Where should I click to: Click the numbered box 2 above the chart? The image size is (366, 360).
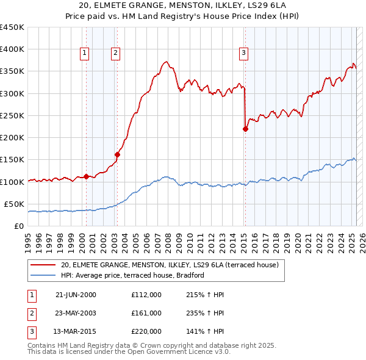click(x=115, y=53)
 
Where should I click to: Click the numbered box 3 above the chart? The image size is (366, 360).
click(x=243, y=53)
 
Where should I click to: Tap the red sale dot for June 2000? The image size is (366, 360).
click(x=86, y=176)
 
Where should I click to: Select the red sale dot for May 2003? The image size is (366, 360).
click(x=117, y=154)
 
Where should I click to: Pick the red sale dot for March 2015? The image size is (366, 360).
click(x=245, y=129)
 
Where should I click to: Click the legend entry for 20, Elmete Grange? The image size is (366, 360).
click(x=170, y=265)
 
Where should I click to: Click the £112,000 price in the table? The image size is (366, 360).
click(x=146, y=295)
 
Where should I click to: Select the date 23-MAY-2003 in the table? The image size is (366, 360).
click(x=76, y=313)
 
